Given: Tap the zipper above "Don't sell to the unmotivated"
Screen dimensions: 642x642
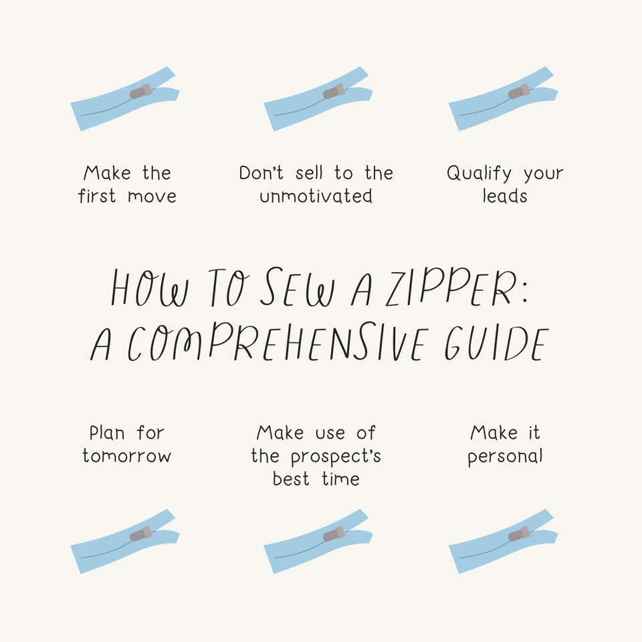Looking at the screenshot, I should [318, 99].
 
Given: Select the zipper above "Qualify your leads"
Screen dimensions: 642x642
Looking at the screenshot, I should [503, 99].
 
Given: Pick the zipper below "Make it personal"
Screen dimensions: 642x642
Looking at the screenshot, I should [503, 542].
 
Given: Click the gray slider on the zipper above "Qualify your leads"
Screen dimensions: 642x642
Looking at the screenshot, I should [519, 91].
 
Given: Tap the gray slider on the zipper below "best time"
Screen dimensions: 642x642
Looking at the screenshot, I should [334, 534].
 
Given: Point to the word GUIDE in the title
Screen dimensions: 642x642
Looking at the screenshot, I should [495, 344].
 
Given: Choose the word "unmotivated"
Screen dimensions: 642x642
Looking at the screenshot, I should [316, 197].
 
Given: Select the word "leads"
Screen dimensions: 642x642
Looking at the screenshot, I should [505, 197].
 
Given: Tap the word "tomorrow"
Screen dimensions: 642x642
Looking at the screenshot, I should [127, 456].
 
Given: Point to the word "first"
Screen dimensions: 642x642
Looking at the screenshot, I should [97, 197].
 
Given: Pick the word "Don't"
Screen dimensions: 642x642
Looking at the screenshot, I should [262, 173].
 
